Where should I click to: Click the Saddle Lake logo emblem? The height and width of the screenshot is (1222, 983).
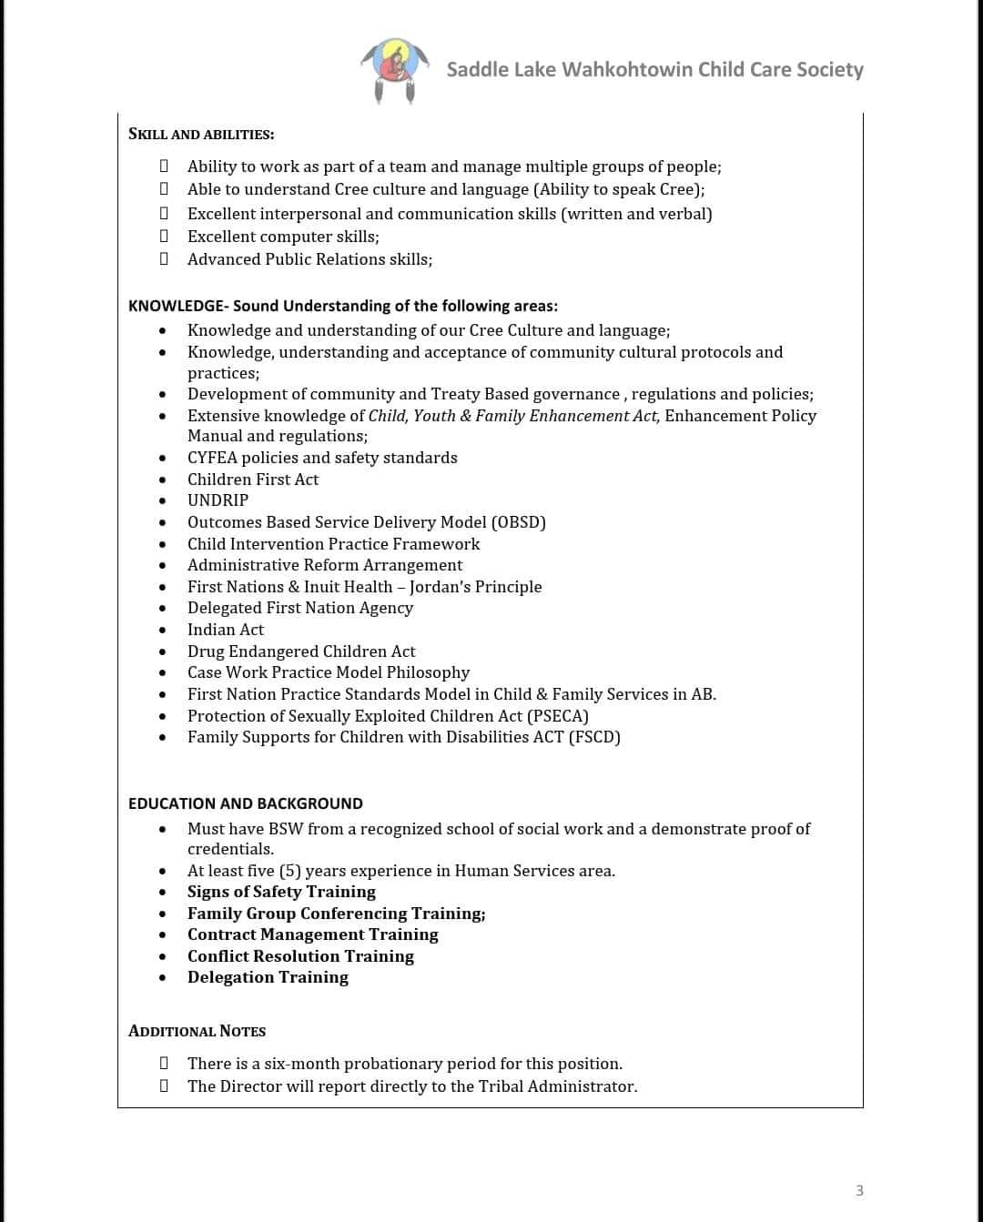394,70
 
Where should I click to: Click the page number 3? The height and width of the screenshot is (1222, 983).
859,1190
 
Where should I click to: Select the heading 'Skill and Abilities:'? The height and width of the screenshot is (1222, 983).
201,135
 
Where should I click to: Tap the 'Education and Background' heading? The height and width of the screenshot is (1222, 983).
246,803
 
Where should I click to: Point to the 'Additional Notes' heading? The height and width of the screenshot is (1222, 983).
198,1031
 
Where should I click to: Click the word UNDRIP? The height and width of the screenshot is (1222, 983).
218,500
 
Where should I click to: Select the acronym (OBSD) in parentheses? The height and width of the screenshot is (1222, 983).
518,522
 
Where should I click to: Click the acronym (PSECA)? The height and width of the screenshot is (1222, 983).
558,716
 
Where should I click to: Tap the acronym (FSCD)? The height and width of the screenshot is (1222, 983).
594,737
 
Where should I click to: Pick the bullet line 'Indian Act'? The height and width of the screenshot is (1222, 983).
226,630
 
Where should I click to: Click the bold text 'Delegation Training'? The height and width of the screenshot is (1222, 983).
268,977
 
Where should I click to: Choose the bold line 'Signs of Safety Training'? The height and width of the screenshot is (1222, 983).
281,892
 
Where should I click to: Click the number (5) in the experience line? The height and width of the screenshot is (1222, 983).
289,871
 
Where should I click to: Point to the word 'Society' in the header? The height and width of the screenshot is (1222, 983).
829,70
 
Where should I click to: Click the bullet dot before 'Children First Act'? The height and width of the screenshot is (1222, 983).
163,480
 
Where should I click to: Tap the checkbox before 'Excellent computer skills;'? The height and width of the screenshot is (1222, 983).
164,237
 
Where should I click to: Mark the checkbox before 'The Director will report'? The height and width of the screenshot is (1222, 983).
164,1086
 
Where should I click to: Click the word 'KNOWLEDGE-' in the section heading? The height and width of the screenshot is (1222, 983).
178,306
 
